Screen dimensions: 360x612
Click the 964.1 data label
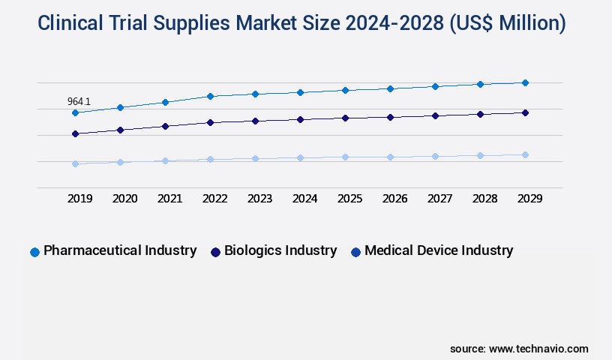click(79, 101)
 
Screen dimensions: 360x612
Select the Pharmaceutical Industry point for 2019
click(75, 112)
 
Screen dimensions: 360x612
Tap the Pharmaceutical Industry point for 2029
click(525, 82)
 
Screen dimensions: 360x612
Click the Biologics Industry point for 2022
click(210, 122)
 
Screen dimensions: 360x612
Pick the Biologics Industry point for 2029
click(525, 112)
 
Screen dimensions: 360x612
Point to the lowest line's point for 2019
click(75, 163)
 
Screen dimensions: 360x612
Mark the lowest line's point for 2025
click(345, 157)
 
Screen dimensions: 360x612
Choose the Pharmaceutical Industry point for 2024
click(300, 92)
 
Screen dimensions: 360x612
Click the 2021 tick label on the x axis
click(169, 199)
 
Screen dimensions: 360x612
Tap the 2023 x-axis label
click(259, 199)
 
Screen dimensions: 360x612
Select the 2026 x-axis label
click(394, 199)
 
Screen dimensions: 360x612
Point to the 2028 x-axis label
click(484, 199)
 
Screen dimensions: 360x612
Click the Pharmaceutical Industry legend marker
click(34, 252)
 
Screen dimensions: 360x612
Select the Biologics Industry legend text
click(280, 250)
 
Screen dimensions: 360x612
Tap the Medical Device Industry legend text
click(439, 250)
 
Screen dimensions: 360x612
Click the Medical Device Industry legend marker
click(355, 252)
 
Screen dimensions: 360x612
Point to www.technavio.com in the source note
click(538, 349)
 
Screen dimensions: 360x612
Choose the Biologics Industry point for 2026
click(390, 117)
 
